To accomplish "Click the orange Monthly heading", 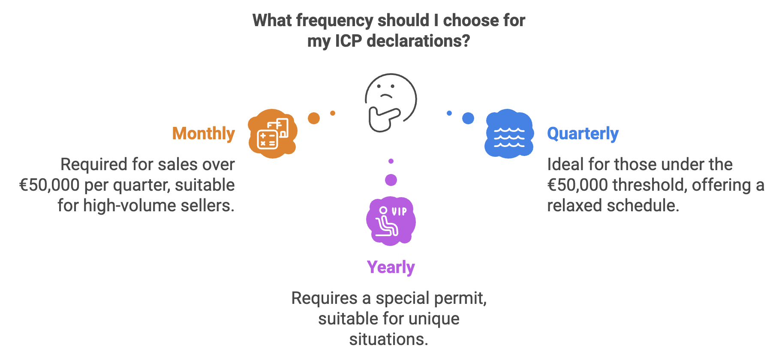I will [x=204, y=134].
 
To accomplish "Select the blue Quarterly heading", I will [x=583, y=134].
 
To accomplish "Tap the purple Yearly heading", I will [x=391, y=267].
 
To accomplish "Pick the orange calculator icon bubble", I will [x=273, y=134].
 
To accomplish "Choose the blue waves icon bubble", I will [x=509, y=134].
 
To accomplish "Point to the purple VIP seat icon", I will [x=391, y=221].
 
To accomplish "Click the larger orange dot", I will [x=314, y=118].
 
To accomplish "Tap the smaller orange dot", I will [x=333, y=113].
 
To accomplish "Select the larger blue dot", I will [x=468, y=118].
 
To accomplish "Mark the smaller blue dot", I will [x=449, y=113].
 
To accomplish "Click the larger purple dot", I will [x=391, y=180].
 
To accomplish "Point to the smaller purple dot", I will [x=391, y=161].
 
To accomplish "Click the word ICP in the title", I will [x=349, y=41].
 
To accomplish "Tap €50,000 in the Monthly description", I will [x=49, y=185].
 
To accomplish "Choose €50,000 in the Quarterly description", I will [x=577, y=185].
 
